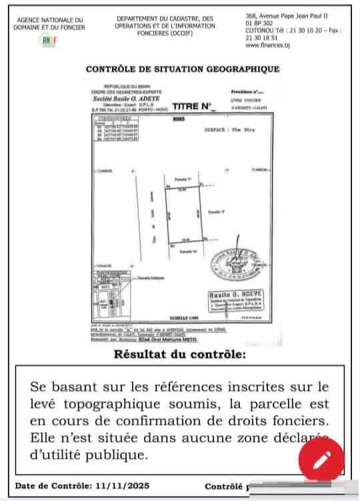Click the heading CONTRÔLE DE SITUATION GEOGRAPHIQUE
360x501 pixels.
point(182,69)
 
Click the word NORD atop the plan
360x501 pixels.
point(178,120)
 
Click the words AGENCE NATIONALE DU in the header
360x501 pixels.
point(51,20)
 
